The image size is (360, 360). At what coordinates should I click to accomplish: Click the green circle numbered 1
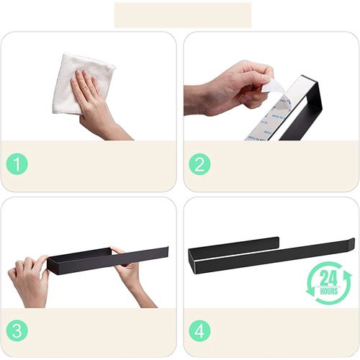[x=17, y=164]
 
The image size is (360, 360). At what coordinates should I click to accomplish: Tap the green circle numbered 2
[x=199, y=164]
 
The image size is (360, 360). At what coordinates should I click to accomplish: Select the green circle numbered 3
[x=17, y=330]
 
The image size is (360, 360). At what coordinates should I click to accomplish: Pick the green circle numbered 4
[x=199, y=330]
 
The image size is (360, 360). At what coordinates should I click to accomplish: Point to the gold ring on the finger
[x=84, y=89]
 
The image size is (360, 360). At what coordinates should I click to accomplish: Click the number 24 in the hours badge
[x=328, y=278]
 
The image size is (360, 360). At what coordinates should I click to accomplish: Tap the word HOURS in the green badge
[x=329, y=292]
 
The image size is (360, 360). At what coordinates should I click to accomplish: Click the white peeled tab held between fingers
[x=272, y=86]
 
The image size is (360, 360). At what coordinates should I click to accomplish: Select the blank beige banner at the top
[x=183, y=15]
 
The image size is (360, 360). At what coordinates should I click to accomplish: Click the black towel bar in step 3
[x=108, y=261]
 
